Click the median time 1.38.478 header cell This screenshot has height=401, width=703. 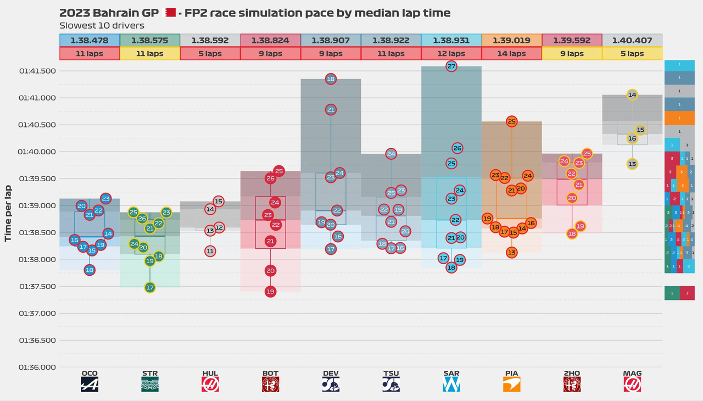(x=89, y=40)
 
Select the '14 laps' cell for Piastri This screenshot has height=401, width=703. (x=511, y=54)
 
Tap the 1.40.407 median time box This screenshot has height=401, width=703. (x=632, y=40)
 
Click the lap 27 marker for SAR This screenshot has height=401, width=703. (x=451, y=66)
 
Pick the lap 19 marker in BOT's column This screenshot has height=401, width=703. (x=270, y=292)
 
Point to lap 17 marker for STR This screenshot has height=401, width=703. (x=150, y=287)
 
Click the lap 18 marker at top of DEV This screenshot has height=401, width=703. (x=331, y=79)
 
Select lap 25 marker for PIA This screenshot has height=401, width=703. (x=511, y=121)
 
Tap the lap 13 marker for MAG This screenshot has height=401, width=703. (x=632, y=164)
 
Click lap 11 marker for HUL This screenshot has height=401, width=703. (x=210, y=251)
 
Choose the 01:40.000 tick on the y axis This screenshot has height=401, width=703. (x=37, y=152)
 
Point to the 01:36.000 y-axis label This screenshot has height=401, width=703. (x=37, y=367)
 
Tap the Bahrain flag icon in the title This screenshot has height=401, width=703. (x=170, y=13)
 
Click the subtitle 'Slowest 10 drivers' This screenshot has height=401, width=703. (x=102, y=25)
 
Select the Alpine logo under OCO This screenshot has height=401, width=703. (x=90, y=385)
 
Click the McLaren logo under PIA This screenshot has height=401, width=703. (x=511, y=385)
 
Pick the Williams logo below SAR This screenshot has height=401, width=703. (x=451, y=385)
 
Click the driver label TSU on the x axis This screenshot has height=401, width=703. (x=391, y=374)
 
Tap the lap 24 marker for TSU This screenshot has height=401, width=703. (x=391, y=154)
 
